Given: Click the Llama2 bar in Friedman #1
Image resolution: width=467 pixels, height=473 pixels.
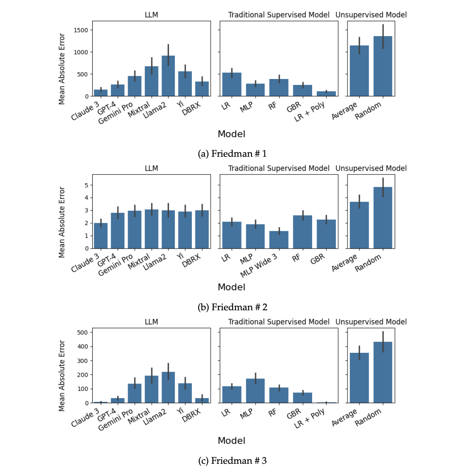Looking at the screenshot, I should [168, 76].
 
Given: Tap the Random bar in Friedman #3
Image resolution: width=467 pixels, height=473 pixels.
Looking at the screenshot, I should [383, 372].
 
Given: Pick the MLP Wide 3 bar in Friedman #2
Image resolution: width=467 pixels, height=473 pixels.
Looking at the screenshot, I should [279, 240].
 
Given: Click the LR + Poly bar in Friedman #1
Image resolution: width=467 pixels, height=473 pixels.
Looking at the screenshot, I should [326, 94].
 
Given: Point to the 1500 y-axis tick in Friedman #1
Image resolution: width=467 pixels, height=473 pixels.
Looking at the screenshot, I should [81, 30].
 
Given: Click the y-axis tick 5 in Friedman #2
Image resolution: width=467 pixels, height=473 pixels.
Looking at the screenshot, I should [86, 185].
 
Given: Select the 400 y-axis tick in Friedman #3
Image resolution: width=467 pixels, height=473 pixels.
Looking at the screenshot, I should [82, 346].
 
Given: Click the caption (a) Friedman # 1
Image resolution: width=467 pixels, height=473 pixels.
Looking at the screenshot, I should [232, 154].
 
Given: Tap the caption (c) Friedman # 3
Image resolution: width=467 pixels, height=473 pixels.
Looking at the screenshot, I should [232, 461].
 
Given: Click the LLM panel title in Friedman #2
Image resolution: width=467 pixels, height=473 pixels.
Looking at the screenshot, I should [151, 168].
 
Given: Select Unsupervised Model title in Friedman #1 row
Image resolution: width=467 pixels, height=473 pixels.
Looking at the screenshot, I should [371, 15].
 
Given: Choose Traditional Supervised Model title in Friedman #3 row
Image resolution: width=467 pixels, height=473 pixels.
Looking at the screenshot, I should [278, 322].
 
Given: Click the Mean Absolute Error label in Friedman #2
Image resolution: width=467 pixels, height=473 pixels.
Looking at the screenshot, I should [62, 222].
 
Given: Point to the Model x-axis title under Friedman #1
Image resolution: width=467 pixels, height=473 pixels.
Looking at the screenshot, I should [231, 134].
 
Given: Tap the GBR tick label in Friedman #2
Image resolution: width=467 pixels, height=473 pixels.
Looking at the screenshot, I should [317, 259].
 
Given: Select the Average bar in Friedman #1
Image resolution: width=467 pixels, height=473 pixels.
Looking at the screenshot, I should [359, 71].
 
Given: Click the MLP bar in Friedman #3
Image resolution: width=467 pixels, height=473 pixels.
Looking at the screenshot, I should [255, 391].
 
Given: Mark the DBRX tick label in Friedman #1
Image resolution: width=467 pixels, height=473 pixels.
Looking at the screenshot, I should [191, 109].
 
